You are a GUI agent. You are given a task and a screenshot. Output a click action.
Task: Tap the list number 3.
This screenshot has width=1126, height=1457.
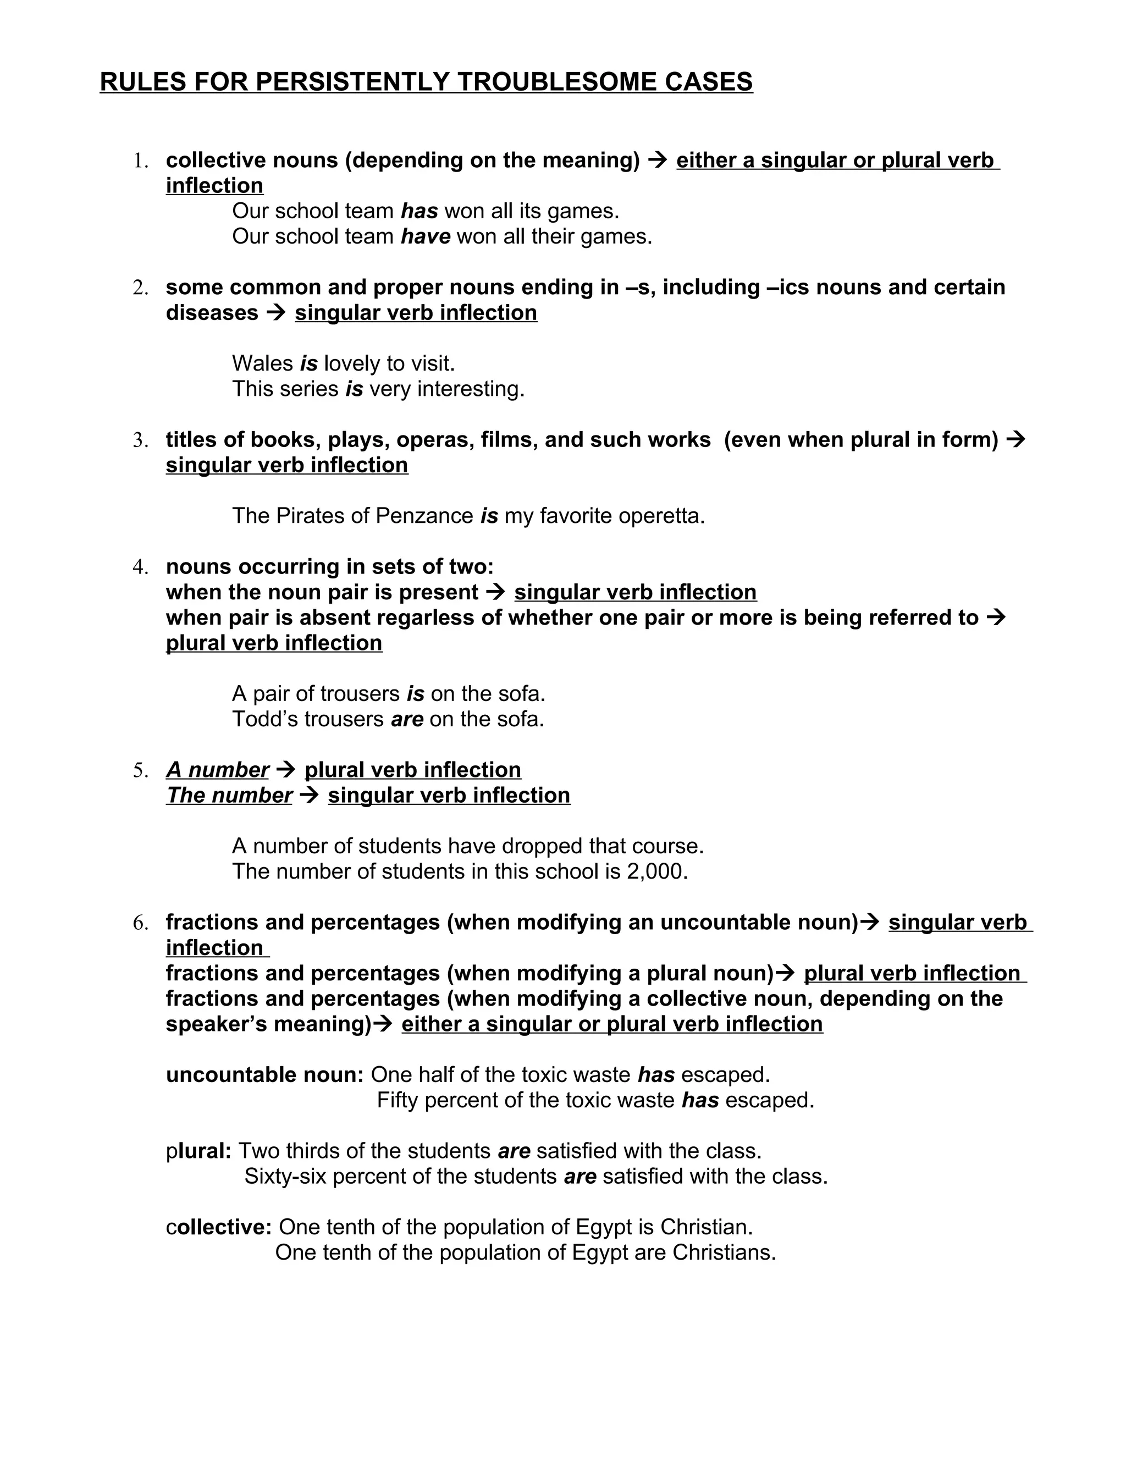tap(140, 440)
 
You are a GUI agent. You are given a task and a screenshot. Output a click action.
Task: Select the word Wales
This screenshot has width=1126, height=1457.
tap(262, 363)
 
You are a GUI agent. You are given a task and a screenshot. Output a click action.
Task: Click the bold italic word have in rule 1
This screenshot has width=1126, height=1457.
tap(426, 236)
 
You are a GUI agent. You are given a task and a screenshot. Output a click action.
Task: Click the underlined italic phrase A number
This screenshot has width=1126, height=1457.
tap(218, 770)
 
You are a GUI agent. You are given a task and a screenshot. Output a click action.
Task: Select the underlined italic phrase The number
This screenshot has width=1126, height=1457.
tap(229, 795)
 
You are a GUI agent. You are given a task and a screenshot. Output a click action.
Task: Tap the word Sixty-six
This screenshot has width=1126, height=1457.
tap(285, 1176)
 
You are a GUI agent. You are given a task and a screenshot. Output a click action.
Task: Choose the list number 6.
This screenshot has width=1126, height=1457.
tap(140, 923)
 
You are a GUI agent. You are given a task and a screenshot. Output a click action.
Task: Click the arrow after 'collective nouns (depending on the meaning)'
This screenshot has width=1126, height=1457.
tap(658, 160)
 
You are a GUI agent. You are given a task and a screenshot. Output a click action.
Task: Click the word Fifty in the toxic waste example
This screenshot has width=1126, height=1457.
tap(398, 1100)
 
